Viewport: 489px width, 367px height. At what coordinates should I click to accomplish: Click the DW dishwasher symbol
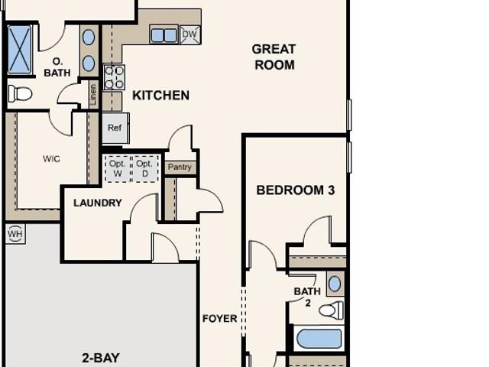tap(190, 34)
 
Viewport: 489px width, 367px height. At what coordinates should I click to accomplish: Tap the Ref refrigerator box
tap(115, 128)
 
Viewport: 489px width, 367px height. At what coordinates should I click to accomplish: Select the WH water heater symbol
tap(15, 233)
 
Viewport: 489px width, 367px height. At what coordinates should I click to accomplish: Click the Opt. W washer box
tap(118, 169)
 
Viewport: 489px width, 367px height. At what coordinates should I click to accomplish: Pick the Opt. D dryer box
tap(145, 169)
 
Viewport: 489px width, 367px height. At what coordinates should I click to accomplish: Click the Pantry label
tap(180, 167)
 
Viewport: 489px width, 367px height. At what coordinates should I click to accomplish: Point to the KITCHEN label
tap(161, 95)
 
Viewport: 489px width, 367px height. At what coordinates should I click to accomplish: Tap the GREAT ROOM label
tap(274, 57)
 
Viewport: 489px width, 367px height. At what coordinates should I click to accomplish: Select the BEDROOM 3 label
tap(296, 190)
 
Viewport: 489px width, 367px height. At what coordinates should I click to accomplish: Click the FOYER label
tap(220, 319)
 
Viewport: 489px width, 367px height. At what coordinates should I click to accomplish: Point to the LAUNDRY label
tap(98, 203)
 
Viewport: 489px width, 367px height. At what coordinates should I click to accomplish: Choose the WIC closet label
tap(52, 159)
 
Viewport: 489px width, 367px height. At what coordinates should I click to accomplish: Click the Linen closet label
tap(93, 94)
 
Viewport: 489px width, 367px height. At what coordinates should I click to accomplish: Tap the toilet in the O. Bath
tap(20, 93)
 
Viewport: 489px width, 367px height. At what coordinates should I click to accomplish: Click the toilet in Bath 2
tap(331, 310)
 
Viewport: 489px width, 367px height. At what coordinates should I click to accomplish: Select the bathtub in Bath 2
tap(319, 339)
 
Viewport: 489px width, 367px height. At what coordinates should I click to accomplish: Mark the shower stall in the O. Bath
tap(19, 50)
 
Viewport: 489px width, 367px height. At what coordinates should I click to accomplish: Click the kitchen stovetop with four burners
tap(114, 77)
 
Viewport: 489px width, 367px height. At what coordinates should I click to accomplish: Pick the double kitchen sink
tap(164, 34)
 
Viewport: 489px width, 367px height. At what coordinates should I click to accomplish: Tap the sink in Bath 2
tap(335, 284)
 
